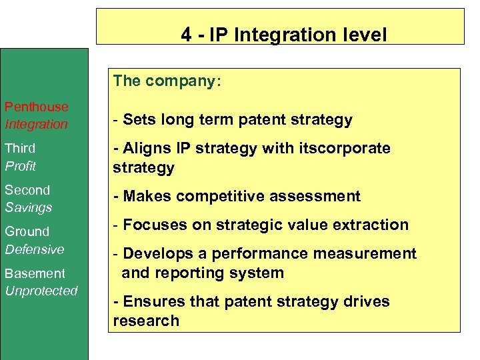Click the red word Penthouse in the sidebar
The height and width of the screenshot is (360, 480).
click(37, 107)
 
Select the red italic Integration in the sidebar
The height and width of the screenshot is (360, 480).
click(37, 124)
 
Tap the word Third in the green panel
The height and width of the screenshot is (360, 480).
click(20, 148)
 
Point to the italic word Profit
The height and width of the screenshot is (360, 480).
click(21, 165)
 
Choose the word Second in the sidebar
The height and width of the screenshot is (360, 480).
click(27, 190)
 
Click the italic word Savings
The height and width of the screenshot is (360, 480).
click(29, 207)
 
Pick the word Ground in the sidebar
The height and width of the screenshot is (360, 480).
click(27, 231)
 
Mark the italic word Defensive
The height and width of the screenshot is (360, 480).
click(35, 249)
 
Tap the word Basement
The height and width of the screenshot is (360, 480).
click(35, 273)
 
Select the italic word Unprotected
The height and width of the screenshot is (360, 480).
click(41, 291)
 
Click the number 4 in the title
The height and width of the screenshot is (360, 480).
click(186, 35)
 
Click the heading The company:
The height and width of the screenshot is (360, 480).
click(167, 81)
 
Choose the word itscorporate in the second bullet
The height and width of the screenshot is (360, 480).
click(347, 148)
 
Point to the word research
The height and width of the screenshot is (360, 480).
click(146, 321)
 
